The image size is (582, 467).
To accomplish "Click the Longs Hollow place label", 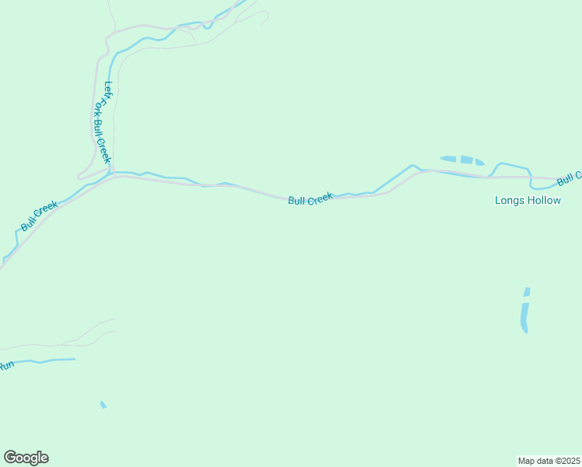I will coord(528,200).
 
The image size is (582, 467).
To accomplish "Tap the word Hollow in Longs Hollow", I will coord(542,200).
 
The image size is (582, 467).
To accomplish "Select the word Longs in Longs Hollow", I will coord(509,200).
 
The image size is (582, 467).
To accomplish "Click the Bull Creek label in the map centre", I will coord(310,199).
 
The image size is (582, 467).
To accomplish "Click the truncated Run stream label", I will coord(6,364).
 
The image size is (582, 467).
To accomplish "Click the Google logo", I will coord(26,458).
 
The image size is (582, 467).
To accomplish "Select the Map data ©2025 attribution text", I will coord(549,460).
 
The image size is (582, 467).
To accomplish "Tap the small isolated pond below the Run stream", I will coord(103,405).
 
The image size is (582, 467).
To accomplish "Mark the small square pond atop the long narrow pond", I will coord(527,292).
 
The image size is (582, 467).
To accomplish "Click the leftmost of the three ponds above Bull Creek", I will coord(447,159).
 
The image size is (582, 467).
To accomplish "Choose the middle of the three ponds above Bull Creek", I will coord(465,160).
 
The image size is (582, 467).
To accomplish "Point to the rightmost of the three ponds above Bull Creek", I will coord(479,163).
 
